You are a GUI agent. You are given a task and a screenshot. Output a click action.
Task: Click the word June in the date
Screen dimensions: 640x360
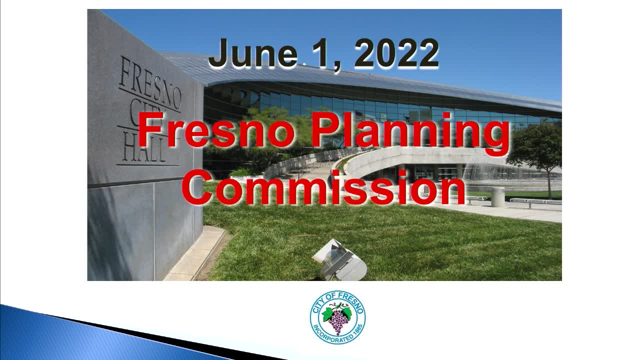tap(253, 53)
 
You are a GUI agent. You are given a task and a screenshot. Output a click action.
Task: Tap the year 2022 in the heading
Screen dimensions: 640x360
tap(396, 53)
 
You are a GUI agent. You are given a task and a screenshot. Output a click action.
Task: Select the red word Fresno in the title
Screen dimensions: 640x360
tap(216, 129)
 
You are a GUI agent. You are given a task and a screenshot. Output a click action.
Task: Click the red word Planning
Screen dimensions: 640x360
tap(410, 133)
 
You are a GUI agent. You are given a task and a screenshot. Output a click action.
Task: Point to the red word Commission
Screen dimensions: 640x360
tap(323, 187)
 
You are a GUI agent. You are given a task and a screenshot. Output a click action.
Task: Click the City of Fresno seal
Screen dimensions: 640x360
tap(337, 317)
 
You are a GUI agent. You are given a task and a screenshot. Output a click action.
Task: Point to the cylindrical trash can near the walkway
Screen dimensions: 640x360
tap(497, 196)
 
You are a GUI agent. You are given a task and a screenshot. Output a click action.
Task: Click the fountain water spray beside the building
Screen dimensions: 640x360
tap(483, 171)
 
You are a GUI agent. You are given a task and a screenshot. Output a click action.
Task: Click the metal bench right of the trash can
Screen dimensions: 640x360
tap(535, 201)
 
